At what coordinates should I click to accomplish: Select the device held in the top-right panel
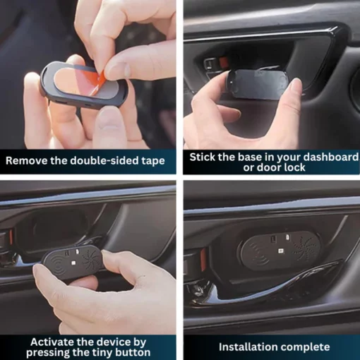tap(257, 84)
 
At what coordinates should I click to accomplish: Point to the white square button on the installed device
tap(280, 251)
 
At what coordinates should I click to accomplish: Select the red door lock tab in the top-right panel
tap(224, 61)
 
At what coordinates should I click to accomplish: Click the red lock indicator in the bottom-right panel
tap(203, 256)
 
